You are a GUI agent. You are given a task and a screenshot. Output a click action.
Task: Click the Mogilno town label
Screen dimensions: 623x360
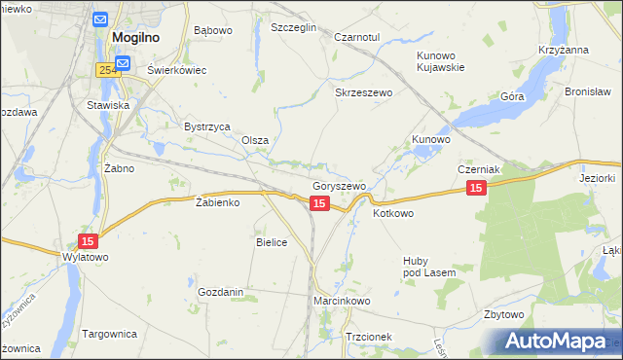click(x=135, y=38)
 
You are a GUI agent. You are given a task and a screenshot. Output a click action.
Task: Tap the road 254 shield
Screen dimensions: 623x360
click(x=108, y=70)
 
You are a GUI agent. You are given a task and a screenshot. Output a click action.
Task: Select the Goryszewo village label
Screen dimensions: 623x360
click(x=339, y=185)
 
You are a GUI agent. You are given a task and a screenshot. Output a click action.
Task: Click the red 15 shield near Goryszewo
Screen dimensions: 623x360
click(x=319, y=202)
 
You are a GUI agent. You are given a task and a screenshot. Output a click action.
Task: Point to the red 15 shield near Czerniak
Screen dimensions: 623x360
click(x=475, y=188)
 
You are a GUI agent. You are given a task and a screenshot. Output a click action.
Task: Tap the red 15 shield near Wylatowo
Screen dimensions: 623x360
click(x=89, y=240)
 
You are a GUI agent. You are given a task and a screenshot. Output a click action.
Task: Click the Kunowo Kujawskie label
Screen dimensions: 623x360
click(x=441, y=61)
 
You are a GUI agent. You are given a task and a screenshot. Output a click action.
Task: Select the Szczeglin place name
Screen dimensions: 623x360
click(x=294, y=28)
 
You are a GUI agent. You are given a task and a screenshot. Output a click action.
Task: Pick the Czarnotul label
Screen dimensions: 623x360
click(x=356, y=36)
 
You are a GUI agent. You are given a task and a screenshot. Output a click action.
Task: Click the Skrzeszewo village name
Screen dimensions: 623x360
click(x=363, y=92)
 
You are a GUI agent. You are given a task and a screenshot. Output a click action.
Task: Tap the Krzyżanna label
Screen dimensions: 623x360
click(x=563, y=50)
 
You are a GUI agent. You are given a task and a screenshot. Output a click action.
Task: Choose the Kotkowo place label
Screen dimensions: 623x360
click(x=393, y=212)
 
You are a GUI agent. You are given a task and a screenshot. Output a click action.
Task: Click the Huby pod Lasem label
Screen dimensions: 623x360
click(x=429, y=267)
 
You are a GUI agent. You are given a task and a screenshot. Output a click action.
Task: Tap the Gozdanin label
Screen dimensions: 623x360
click(x=220, y=292)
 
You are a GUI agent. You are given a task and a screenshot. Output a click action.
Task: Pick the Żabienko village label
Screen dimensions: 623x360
click(x=218, y=203)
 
